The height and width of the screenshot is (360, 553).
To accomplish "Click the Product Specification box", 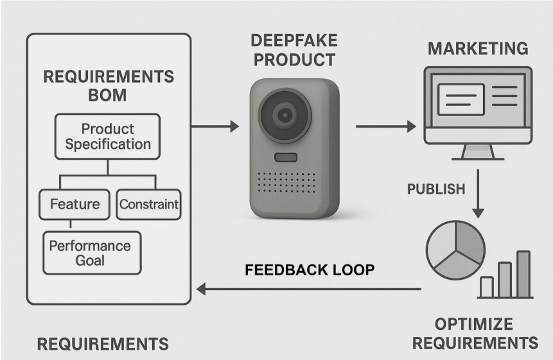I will pos(107,136).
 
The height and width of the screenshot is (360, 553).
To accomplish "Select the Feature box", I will pos(75,205).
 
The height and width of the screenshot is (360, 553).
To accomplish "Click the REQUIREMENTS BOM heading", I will pos(108,86).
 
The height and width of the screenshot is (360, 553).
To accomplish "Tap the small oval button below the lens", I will pos(285,157).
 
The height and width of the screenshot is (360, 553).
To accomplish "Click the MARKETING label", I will pos(478,49).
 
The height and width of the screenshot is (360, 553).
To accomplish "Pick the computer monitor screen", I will pos(477,103).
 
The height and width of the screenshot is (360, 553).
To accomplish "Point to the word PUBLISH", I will pos(436,189).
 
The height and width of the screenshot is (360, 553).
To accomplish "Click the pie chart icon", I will pos(455,250).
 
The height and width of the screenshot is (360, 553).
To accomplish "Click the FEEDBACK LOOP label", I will pos(310,270).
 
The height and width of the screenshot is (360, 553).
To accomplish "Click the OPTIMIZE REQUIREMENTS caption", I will pos(474,332).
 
